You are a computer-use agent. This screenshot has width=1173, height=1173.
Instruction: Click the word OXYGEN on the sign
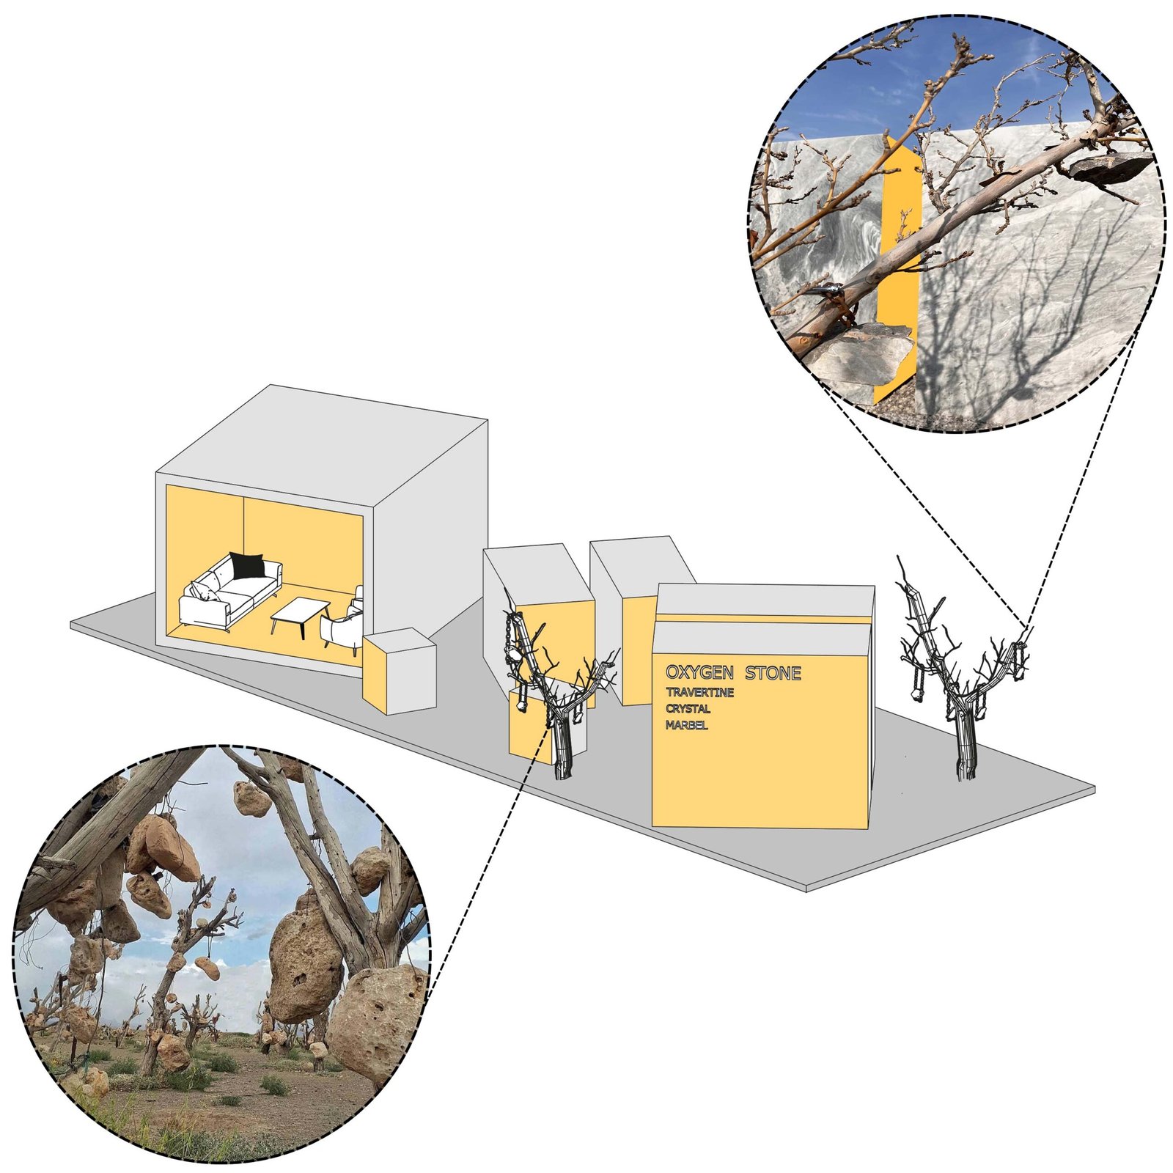pyautogui.click(x=699, y=672)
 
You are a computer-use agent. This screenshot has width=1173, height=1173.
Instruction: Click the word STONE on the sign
pyautogui.click(x=773, y=673)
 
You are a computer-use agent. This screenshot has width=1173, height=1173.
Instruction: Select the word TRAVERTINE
pyautogui.click(x=699, y=693)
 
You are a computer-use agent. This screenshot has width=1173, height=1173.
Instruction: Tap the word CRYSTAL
pyautogui.click(x=688, y=709)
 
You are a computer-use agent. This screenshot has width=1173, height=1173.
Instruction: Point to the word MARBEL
pyautogui.click(x=687, y=725)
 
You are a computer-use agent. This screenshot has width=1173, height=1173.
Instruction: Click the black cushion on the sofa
pyautogui.click(x=247, y=565)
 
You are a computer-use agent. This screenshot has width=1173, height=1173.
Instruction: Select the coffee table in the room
pyautogui.click(x=301, y=616)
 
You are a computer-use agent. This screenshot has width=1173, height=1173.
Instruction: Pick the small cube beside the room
pyautogui.click(x=400, y=670)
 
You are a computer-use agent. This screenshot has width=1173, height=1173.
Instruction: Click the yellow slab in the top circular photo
pyautogui.click(x=898, y=264)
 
